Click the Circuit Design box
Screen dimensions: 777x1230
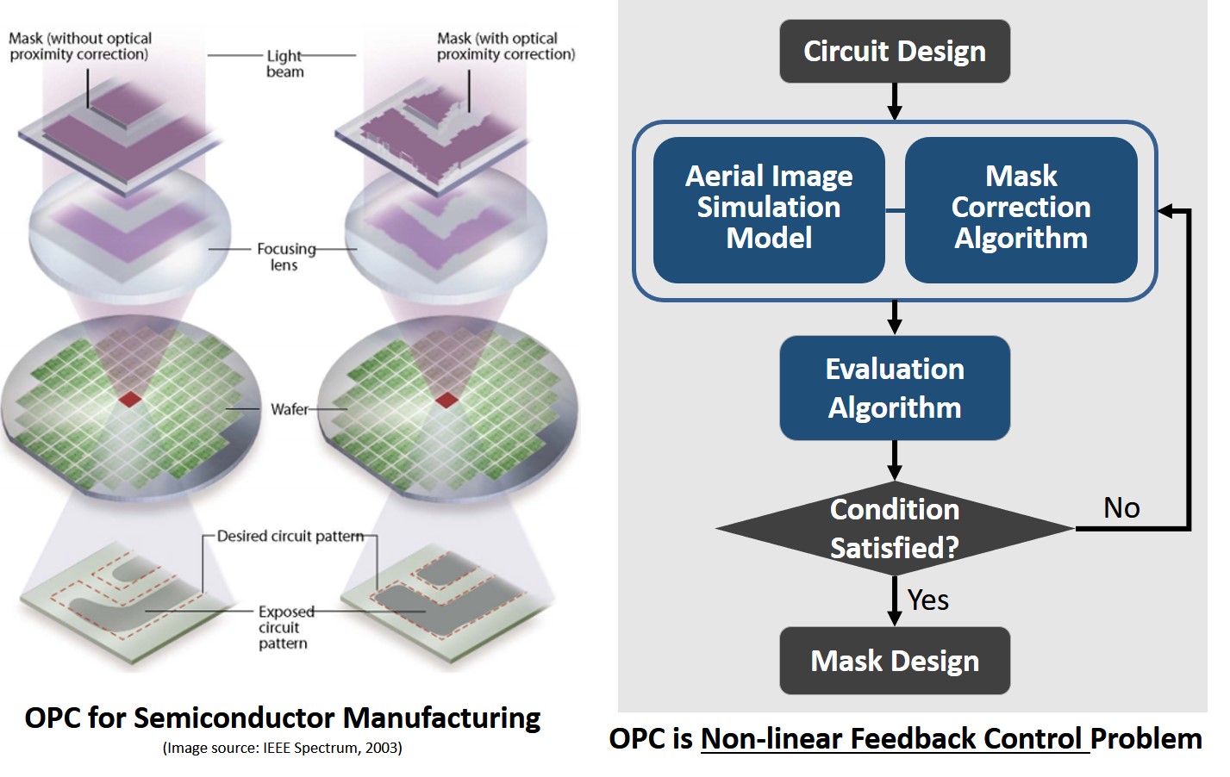[x=894, y=52]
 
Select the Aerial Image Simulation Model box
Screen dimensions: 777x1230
[x=769, y=208]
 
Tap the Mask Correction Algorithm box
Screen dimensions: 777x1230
[x=1021, y=208]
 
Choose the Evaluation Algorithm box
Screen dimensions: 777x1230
[x=894, y=388]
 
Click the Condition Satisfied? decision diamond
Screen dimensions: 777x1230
[x=894, y=528]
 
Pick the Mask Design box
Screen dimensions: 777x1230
[x=894, y=661]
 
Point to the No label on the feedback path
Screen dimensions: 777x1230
[x=1121, y=508]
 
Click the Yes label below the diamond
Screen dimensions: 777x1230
[x=928, y=600]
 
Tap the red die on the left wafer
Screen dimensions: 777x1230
[x=130, y=399]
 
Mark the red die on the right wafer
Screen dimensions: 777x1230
[x=446, y=400]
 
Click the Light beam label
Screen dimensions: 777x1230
[x=284, y=64]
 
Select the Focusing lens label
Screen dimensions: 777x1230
[x=285, y=257]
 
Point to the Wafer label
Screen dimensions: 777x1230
[x=290, y=409]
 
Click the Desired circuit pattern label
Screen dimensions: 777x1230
[x=290, y=536]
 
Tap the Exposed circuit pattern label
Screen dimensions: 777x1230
[x=284, y=627]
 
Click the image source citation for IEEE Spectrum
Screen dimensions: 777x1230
[x=282, y=748]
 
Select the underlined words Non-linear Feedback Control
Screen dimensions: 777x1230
[x=894, y=739]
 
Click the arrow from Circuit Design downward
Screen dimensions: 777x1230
[x=894, y=102]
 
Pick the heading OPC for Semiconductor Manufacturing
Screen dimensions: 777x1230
[x=282, y=718]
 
